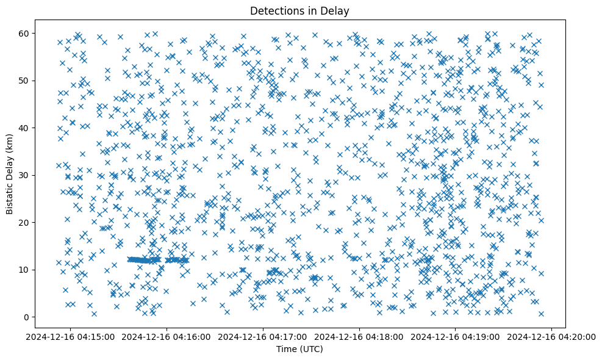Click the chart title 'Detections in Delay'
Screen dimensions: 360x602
pos(300,10)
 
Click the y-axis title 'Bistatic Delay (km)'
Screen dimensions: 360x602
pos(10,174)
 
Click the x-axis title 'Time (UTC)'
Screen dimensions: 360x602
pos(300,349)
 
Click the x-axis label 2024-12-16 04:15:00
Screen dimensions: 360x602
pos(71,336)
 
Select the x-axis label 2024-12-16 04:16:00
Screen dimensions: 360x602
pos(168,336)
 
